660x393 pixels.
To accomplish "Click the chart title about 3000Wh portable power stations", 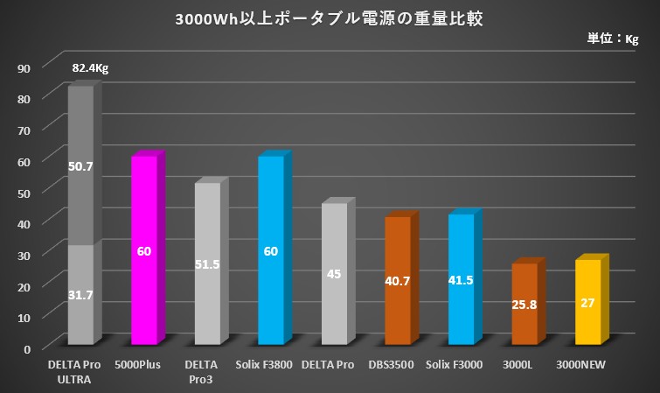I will click(x=329, y=18).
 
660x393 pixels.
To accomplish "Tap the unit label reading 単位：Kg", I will click(x=612, y=39).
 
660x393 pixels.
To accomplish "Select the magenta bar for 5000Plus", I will click(x=144, y=249).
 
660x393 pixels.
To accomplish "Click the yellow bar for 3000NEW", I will click(x=587, y=301).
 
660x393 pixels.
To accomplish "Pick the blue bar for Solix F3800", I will click(x=271, y=249).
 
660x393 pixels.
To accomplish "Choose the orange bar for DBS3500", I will click(x=398, y=280).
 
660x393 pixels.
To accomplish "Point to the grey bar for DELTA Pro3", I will click(x=207, y=263).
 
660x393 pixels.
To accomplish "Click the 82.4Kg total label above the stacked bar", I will click(x=90, y=67).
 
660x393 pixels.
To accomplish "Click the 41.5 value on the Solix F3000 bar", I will click(x=462, y=282).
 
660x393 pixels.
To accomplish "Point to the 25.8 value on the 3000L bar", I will click(x=525, y=307).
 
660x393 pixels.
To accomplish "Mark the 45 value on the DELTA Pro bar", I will click(x=334, y=274).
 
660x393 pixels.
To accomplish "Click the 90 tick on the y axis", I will click(x=24, y=67).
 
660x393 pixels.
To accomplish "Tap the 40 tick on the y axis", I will click(x=24, y=223).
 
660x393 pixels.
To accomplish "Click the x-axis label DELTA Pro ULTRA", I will click(x=81, y=371).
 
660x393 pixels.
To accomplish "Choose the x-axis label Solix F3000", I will click(x=461, y=365).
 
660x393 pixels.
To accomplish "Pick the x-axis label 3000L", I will click(x=525, y=365).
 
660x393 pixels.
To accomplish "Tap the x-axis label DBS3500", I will click(x=398, y=365).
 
